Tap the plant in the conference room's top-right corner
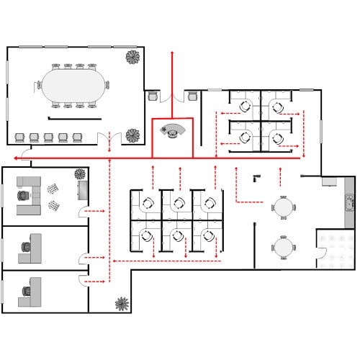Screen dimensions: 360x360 click(132, 58)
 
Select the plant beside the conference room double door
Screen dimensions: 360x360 click(132, 135)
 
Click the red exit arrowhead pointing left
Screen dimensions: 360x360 click(15, 157)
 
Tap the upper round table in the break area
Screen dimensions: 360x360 click(284, 208)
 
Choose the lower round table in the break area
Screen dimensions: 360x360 click(284, 247)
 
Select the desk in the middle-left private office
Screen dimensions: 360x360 click(33, 248)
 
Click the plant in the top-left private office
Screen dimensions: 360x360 click(80, 174)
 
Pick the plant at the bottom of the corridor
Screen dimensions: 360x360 click(122, 304)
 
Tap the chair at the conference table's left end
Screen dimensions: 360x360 click(37, 86)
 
